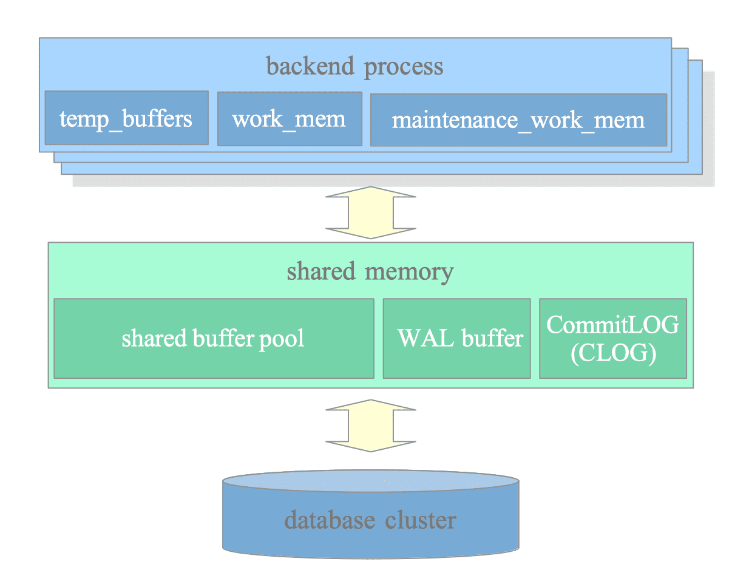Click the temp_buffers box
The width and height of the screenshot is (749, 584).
pyautogui.click(x=126, y=118)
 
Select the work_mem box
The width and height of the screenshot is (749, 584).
pyautogui.click(x=290, y=119)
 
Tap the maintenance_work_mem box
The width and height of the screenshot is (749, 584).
pyautogui.click(x=518, y=120)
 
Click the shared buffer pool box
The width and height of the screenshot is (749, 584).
pyautogui.click(x=214, y=338)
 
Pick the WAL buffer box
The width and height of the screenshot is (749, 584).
pyautogui.click(x=456, y=338)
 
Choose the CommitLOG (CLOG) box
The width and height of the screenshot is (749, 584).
pyautogui.click(x=612, y=338)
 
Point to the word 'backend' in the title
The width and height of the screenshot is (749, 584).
pyautogui.click(x=310, y=66)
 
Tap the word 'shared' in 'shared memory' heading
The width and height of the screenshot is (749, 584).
pyautogui.click(x=321, y=271)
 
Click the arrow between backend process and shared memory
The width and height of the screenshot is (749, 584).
pyautogui.click(x=370, y=212)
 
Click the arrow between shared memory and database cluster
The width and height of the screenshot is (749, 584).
pyautogui.click(x=370, y=426)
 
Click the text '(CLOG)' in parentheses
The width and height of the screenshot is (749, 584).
pyautogui.click(x=613, y=353)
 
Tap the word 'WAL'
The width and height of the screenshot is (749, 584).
pyautogui.click(x=425, y=338)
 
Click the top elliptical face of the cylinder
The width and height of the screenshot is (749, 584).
pyautogui.click(x=370, y=481)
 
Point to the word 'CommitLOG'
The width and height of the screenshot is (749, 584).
pyautogui.click(x=612, y=325)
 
